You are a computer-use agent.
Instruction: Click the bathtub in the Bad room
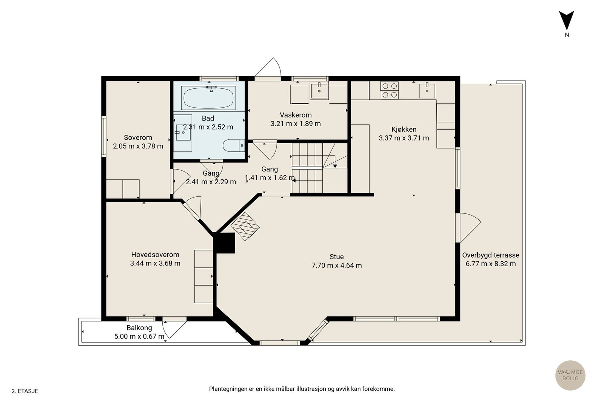point(208,98)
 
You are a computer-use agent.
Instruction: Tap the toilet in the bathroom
point(234,145)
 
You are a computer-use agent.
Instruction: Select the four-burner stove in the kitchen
point(390,90)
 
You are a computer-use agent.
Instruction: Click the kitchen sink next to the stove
point(427,91)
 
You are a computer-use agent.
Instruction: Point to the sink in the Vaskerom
point(319,91)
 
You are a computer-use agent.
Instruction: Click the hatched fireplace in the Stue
point(245,226)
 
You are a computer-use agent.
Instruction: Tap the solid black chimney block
point(224,243)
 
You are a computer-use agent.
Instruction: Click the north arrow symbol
point(567,20)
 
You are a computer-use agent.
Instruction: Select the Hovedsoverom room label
point(155,255)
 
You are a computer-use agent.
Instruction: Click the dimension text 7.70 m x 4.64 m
point(336,266)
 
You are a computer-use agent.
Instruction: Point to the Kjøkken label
point(404,130)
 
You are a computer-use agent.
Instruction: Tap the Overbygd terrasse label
point(491,255)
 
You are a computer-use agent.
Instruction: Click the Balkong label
point(139,328)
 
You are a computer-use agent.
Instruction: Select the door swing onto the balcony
point(174,330)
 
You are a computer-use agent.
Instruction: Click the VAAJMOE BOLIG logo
point(570,375)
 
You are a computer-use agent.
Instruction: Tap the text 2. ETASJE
point(25,391)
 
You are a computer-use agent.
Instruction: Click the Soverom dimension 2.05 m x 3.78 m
point(138,146)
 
